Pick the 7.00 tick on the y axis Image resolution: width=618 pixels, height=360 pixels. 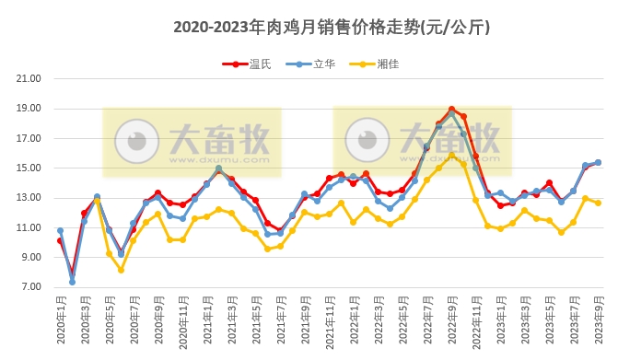pyautogui.click(x=30, y=287)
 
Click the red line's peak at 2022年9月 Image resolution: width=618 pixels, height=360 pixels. pyautogui.click(x=451, y=109)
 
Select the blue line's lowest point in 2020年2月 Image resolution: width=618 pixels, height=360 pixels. pyautogui.click(x=72, y=282)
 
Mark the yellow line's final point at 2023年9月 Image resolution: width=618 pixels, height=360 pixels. pyautogui.click(x=598, y=203)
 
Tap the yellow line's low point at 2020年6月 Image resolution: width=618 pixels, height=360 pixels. pyautogui.click(x=121, y=270)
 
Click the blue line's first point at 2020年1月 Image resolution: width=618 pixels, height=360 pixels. pyautogui.click(x=60, y=231)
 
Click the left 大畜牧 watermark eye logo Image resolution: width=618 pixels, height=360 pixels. pyautogui.click(x=137, y=141)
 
